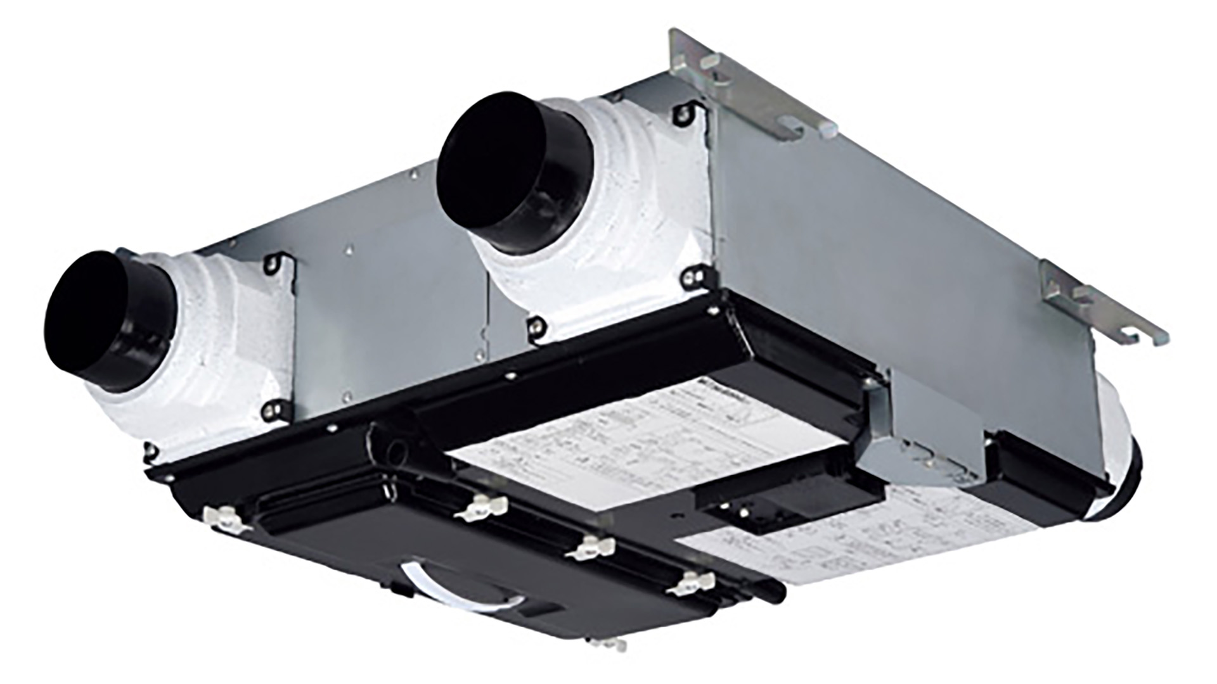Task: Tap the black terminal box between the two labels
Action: (786, 500)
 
